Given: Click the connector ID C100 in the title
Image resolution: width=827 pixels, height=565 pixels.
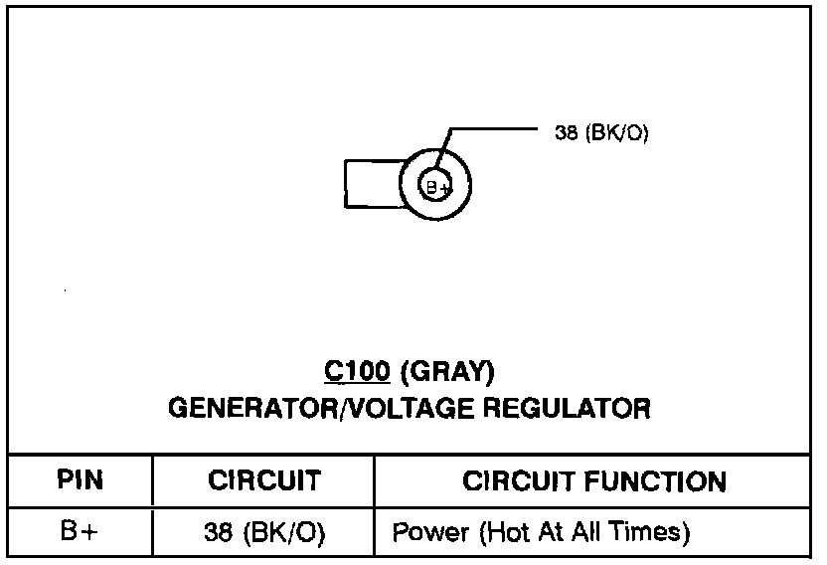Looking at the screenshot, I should [358, 372].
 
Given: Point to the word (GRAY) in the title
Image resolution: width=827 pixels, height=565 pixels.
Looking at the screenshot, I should [446, 372].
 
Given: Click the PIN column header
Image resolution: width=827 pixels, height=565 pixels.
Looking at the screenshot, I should [80, 481].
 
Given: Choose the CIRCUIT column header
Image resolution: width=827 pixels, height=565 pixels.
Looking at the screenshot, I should [263, 481].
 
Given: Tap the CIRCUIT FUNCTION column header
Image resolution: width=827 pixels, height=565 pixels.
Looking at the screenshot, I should [594, 481].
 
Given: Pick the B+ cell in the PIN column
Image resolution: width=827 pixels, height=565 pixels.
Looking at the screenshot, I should [80, 532].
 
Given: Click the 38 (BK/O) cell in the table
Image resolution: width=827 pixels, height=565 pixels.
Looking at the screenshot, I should [263, 533].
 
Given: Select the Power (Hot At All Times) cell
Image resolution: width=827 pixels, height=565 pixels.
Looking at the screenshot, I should [542, 533].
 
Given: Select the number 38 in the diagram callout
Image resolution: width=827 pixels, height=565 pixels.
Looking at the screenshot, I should [566, 132].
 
